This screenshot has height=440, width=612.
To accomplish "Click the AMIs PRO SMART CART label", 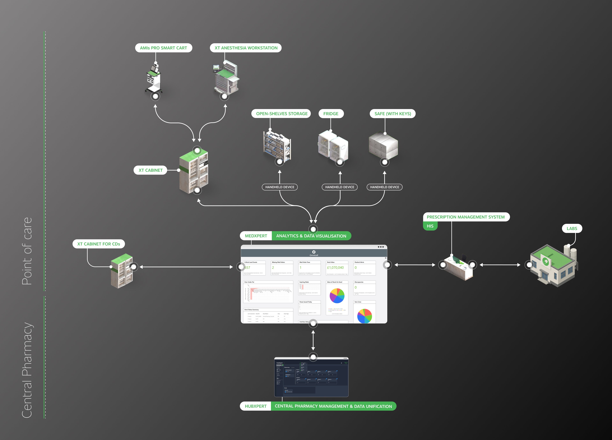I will [x=164, y=48].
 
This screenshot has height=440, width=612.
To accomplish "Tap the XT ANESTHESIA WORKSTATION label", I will [x=246, y=48].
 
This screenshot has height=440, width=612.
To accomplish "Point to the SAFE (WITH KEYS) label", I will [x=392, y=114].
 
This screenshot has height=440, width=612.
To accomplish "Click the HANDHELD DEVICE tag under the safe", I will [x=385, y=187].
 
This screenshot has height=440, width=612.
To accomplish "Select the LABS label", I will [x=572, y=228].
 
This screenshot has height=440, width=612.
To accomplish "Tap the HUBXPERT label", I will [x=255, y=406].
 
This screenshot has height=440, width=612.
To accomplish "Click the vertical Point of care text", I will [x=27, y=251].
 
